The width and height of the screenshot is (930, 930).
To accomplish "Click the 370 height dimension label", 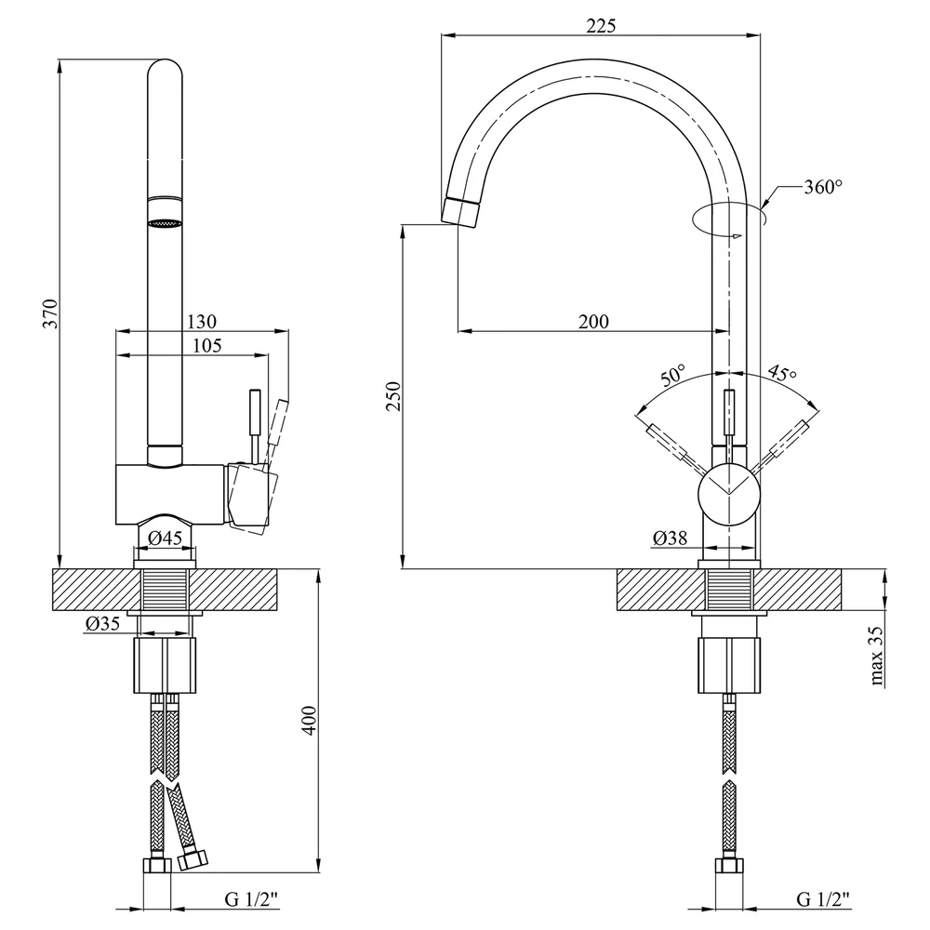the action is click(x=51, y=314).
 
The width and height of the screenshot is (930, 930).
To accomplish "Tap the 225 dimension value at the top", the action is click(x=601, y=26).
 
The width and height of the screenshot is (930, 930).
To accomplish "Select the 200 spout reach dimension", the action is click(x=593, y=322).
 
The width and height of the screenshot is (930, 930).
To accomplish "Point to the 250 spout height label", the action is click(x=393, y=396).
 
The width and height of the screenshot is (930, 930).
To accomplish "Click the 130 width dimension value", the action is click(x=202, y=322).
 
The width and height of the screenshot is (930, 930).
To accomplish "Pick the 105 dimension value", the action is click(x=207, y=345).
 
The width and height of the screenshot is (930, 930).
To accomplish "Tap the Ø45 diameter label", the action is click(x=165, y=538).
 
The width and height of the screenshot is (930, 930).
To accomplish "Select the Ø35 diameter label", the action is click(x=102, y=623).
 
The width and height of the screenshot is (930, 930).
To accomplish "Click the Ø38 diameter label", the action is click(x=670, y=538).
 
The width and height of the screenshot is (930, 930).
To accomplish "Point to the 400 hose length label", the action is click(x=310, y=721).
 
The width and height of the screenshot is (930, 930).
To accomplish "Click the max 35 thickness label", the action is click(x=876, y=656).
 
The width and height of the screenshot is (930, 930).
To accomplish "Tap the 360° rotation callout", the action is click(x=823, y=187).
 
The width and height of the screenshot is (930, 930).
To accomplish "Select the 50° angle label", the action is click(x=672, y=376).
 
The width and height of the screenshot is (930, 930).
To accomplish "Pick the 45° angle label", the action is click(x=782, y=373).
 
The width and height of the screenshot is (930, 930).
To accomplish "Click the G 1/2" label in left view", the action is click(x=251, y=899).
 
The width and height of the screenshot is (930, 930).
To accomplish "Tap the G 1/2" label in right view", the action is click(x=823, y=899).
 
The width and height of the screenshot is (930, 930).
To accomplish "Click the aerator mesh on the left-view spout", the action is click(x=165, y=223).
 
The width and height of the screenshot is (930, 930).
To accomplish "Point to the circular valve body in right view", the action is click(x=729, y=496).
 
